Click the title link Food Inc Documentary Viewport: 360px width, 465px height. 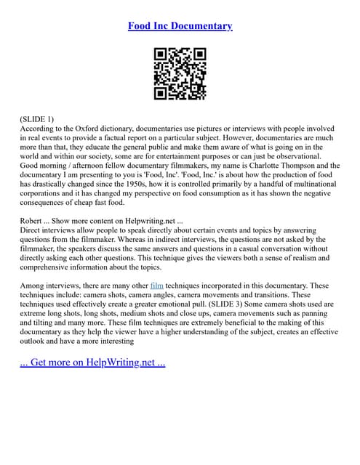(180, 26)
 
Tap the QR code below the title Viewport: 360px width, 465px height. (180, 73)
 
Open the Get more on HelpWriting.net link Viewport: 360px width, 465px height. (92, 362)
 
